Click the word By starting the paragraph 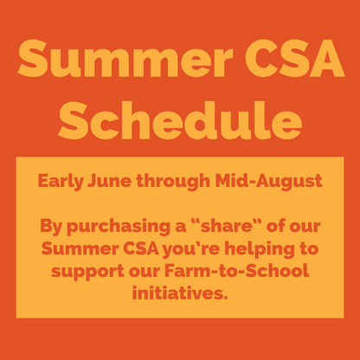pyautogui.click(x=54, y=229)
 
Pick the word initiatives pyautogui.click(x=180, y=294)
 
